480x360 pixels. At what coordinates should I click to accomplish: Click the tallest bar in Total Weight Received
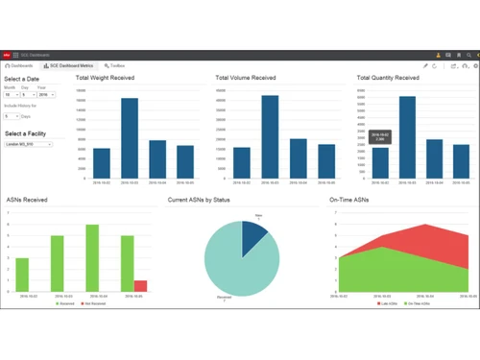(130, 138)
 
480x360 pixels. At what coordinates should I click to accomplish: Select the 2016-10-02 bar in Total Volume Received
(242, 162)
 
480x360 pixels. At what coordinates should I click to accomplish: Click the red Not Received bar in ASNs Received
(140, 286)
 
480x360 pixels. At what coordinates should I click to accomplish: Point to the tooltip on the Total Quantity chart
(380, 137)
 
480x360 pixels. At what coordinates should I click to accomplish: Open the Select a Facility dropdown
(28, 144)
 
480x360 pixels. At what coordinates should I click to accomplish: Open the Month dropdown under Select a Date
(11, 95)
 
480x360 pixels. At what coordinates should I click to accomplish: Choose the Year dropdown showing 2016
(46, 95)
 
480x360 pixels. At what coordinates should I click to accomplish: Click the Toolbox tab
(115, 66)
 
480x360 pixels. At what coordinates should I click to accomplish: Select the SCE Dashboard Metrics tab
(70, 66)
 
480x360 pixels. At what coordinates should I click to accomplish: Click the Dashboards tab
(20, 66)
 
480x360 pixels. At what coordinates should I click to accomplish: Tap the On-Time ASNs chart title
(348, 201)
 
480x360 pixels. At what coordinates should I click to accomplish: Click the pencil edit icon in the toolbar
(426, 66)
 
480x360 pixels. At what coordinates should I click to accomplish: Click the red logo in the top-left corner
(6, 56)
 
